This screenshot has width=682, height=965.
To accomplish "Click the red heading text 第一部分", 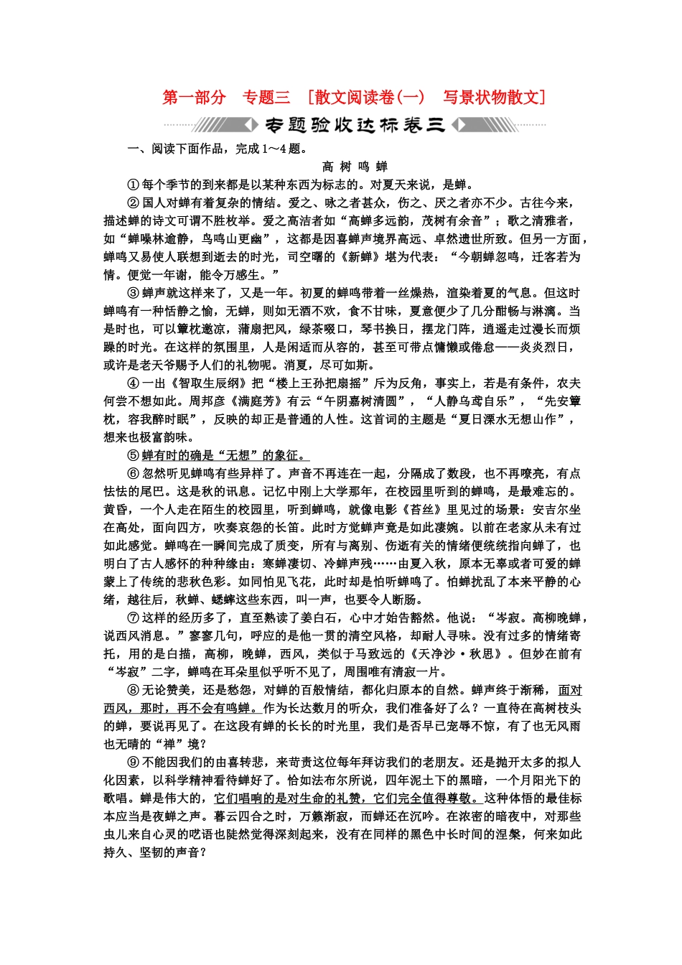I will (194, 98).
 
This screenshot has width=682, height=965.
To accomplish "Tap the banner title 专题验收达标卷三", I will (355, 126).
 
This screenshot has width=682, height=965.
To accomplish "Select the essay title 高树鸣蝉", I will (355, 167).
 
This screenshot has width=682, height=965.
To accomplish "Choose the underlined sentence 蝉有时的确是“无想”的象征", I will (222, 455).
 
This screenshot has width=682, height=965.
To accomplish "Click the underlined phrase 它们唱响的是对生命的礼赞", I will (290, 798).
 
